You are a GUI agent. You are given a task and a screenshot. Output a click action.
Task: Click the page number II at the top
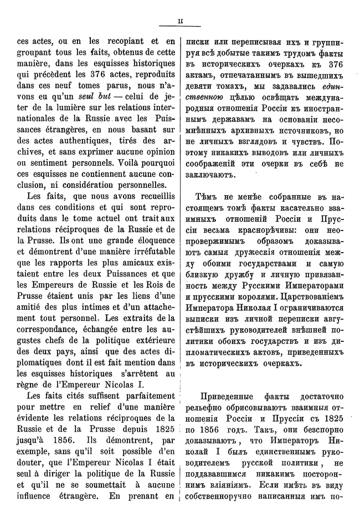(x=180, y=23)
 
